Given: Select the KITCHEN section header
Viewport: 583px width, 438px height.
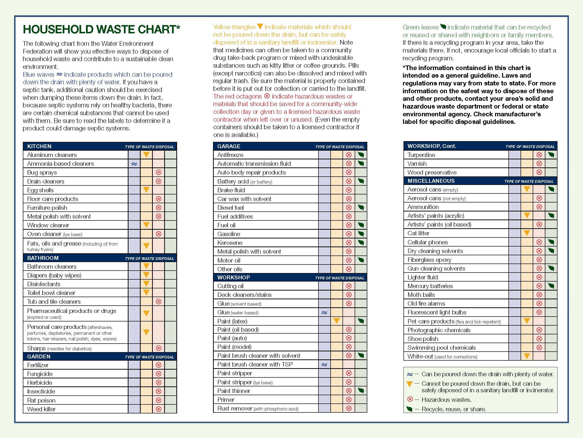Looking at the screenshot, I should point(39,146).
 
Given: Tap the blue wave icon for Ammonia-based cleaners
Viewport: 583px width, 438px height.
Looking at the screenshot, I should point(134,164).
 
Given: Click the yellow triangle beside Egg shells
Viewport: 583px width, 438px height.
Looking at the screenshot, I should point(146,190).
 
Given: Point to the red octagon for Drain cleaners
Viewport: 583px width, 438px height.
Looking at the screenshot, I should point(158,181).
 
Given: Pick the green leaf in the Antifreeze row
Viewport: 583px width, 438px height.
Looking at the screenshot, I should point(361,155).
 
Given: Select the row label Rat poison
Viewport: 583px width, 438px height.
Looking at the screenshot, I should point(41,400).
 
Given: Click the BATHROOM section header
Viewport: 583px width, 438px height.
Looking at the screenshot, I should point(43,258).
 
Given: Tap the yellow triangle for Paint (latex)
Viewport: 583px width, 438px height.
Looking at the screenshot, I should point(336,321).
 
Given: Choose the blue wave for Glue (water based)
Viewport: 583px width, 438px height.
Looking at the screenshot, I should point(324,313).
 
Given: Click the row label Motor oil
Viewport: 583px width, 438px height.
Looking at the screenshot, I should point(229,260).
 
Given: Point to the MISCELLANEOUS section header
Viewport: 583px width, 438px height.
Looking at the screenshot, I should point(431,181).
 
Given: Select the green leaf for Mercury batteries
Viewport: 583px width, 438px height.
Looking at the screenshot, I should point(551,286).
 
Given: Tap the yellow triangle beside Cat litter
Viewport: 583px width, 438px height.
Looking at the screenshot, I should point(527,233).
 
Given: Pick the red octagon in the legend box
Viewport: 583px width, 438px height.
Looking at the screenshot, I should point(410,399).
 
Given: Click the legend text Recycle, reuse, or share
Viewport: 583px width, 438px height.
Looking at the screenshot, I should point(453,409).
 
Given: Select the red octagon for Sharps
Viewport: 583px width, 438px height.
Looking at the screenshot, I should point(158,348).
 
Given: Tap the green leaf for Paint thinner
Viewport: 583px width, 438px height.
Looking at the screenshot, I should point(361,391).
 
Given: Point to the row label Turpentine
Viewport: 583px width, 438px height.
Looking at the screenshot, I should point(421,155).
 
